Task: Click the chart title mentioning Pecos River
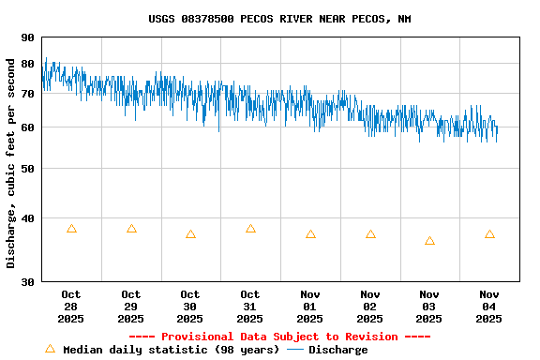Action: (278, 19)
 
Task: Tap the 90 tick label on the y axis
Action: (26, 38)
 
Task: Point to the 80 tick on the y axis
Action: (26, 64)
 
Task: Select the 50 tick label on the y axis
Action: (26, 169)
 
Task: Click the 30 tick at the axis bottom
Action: (26, 281)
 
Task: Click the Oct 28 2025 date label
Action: (71, 307)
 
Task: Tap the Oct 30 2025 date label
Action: (190, 307)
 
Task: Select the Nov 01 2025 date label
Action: (310, 307)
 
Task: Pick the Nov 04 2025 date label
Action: (489, 307)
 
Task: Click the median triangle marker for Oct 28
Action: (71, 229)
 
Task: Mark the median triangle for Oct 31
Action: (250, 229)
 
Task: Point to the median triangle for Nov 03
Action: (429, 241)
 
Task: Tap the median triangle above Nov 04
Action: (489, 234)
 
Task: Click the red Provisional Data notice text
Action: (278, 337)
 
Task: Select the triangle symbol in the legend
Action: (50, 349)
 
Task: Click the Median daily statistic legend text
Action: (171, 350)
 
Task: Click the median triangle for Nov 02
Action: (370, 234)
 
